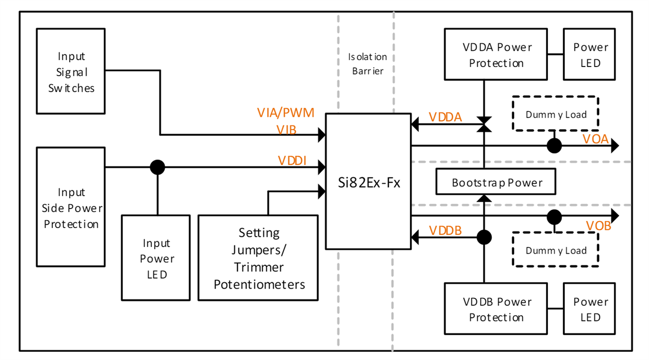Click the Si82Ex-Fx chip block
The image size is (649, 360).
pyautogui.click(x=368, y=181)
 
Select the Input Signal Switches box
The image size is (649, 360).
pyautogui.click(x=71, y=72)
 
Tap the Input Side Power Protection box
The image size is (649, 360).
pyautogui.click(x=71, y=208)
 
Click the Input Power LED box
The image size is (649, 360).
pyautogui.click(x=156, y=258)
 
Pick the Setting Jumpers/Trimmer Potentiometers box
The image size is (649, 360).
pyautogui.click(x=259, y=258)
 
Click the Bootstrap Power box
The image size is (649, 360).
pyautogui.click(x=496, y=183)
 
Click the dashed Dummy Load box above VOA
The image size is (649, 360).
pyautogui.click(x=555, y=114)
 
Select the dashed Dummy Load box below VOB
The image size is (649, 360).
pyautogui.click(x=555, y=250)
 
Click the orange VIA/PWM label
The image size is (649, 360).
pyautogui.click(x=285, y=114)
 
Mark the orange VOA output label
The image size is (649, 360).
pyautogui.click(x=595, y=139)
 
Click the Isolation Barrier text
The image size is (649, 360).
pyautogui.click(x=367, y=63)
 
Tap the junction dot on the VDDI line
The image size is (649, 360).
pyautogui.click(x=157, y=168)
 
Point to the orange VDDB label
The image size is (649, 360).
pyautogui.click(x=445, y=230)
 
